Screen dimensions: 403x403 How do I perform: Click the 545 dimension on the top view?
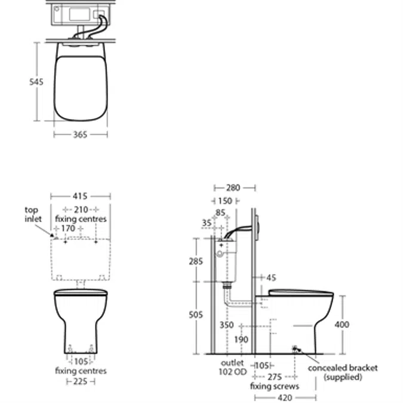(36, 82)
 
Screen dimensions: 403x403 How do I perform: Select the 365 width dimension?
(80, 134)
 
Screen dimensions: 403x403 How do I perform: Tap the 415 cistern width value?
(80, 196)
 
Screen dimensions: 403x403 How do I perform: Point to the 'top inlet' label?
(33, 214)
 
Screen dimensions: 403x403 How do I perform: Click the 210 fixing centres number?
(81, 210)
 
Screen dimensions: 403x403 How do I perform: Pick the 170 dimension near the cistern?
(68, 228)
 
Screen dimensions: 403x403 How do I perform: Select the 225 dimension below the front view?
(80, 382)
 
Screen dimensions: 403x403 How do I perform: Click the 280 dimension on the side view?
(233, 188)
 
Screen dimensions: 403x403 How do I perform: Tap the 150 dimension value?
(225, 201)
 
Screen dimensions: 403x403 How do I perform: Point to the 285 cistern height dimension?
(196, 262)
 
